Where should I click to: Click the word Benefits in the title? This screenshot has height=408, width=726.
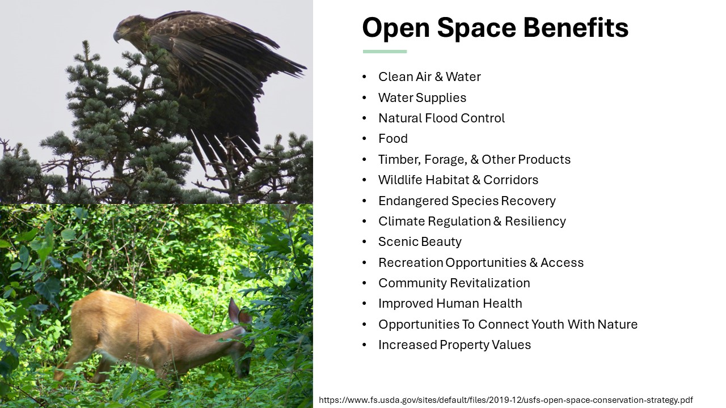pos(576,27)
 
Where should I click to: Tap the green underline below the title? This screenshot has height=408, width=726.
pos(385,52)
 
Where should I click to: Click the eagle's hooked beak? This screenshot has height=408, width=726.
pos(117,37)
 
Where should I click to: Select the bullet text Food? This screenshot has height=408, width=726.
pos(393,139)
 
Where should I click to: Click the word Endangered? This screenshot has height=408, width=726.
pos(413,201)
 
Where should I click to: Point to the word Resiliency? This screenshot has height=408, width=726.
pos(535,222)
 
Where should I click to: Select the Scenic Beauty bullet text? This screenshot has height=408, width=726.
pos(420,242)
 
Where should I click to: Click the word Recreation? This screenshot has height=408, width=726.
pos(411,262)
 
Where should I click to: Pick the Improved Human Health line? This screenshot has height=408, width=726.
pos(450,303)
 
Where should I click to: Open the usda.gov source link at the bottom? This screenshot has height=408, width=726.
pos(506,400)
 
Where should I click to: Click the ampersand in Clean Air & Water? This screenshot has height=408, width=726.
pos(439,77)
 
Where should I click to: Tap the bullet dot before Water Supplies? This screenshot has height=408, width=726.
pos(364,97)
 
